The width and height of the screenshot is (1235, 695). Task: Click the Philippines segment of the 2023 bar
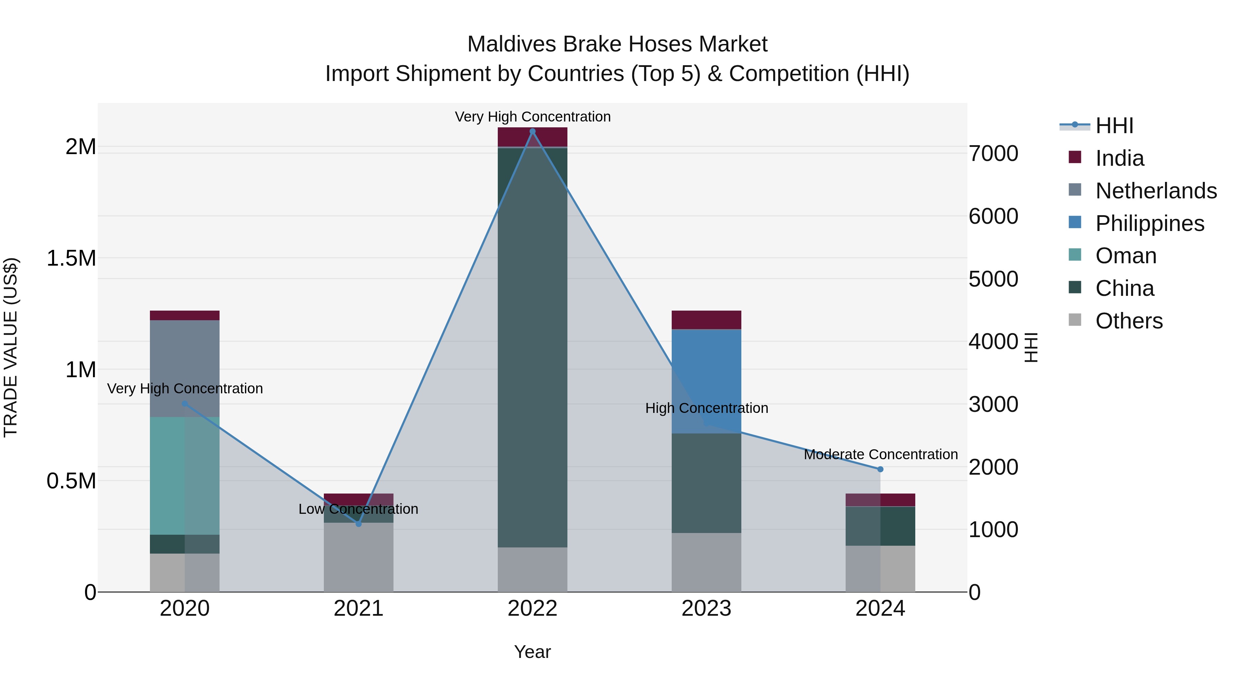pyautogui.click(x=706, y=381)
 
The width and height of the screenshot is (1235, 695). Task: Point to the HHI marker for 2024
pyautogui.click(x=880, y=469)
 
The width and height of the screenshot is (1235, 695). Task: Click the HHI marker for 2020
pyautogui.click(x=185, y=403)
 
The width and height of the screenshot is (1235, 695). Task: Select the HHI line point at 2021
pyautogui.click(x=358, y=524)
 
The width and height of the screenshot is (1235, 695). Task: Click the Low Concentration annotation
pyautogui.click(x=358, y=509)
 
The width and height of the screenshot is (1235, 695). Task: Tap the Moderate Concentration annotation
pyautogui.click(x=880, y=454)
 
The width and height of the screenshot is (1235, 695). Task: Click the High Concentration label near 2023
pyautogui.click(x=706, y=408)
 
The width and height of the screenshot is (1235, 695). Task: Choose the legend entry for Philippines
pyautogui.click(x=1150, y=223)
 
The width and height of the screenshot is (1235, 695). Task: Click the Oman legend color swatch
pyautogui.click(x=1075, y=255)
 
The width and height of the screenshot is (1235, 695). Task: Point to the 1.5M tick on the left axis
pyautogui.click(x=71, y=258)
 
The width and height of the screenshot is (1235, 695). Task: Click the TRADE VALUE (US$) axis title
pyautogui.click(x=11, y=347)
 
